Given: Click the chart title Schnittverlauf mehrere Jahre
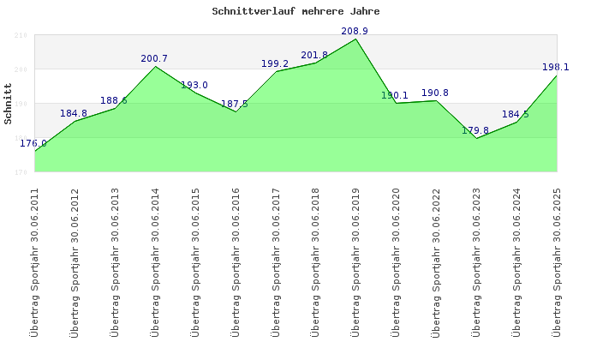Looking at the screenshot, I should pos(295,12).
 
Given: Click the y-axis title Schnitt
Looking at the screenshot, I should pos(8,104).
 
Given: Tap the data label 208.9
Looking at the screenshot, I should pos(355,32).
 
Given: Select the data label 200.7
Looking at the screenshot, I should pos(154,59).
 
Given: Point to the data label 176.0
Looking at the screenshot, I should pos(33,143).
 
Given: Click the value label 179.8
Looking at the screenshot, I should pos(475,131).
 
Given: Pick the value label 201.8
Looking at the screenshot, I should pos(314,56).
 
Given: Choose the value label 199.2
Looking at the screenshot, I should pos(274,63).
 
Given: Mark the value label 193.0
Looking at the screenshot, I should pos(194,85).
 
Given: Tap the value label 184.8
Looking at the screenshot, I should pos(74,113).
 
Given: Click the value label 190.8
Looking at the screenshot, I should pos(435,93).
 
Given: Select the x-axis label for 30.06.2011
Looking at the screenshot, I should pos(34,261).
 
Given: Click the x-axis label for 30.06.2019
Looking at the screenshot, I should pos(356,261).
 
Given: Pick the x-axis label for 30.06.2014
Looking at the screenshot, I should pos(155,261).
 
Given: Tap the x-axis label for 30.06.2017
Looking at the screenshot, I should pos(276,261).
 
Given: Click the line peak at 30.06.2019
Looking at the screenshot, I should pos(355,39).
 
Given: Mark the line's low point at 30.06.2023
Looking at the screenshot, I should pos(476,138).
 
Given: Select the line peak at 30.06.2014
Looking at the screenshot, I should pos(155,66).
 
